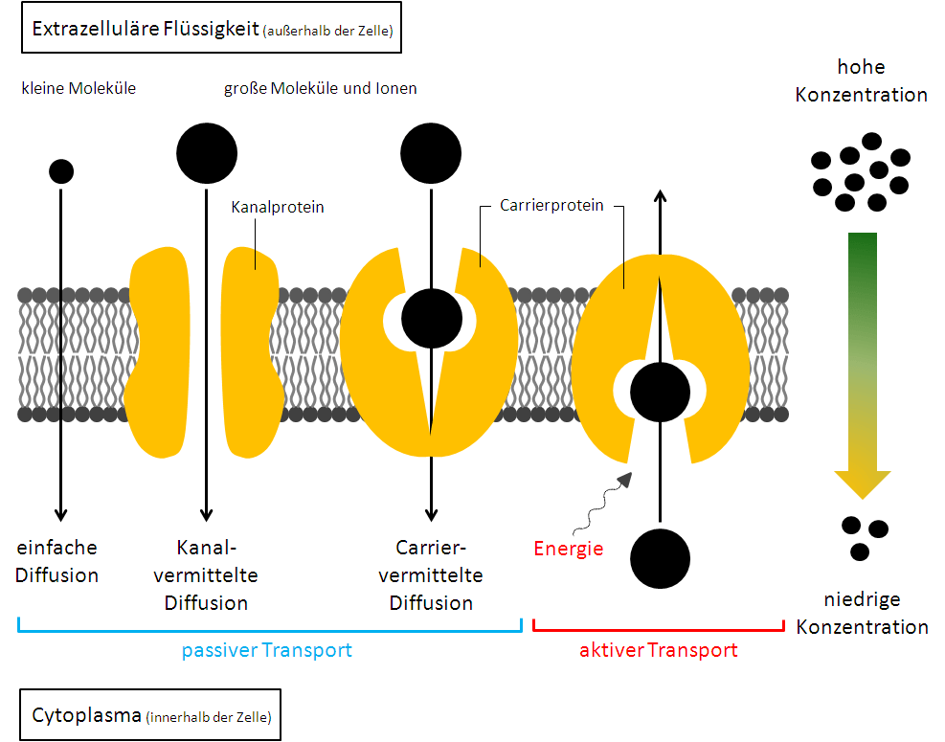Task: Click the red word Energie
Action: point(569,549)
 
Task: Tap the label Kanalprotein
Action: point(278,207)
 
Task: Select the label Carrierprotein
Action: point(552,205)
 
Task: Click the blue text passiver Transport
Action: point(267,650)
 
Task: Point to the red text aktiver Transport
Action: point(659,650)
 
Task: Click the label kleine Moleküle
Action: point(79,88)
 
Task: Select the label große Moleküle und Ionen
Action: point(321,88)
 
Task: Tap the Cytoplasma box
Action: point(150,715)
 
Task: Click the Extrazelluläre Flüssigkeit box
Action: point(212,29)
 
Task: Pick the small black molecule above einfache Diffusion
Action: point(61,171)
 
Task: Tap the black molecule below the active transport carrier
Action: point(660,557)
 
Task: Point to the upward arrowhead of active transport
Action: point(660,194)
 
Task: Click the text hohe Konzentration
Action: point(861,80)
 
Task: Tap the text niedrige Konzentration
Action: point(862,614)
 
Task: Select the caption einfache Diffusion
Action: point(57,561)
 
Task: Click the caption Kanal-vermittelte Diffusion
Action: point(206,574)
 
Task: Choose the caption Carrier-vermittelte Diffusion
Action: point(431,574)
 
